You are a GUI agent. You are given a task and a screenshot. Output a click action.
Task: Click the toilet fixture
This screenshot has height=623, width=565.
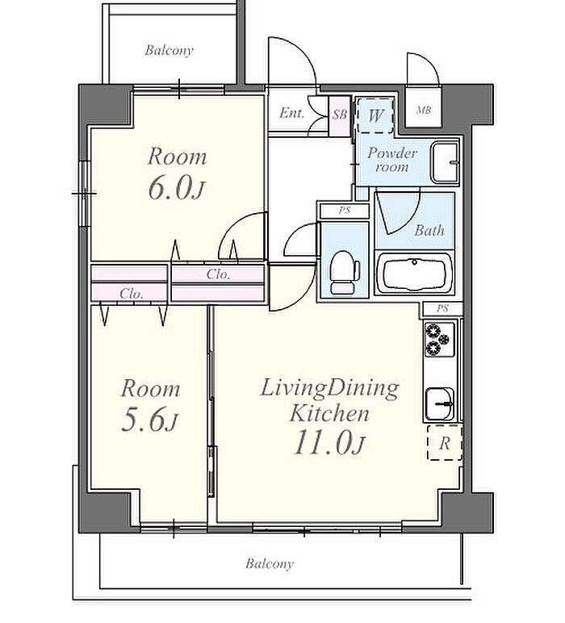tap(344, 273)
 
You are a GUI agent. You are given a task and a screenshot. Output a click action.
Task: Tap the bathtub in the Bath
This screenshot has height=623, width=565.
tap(414, 273)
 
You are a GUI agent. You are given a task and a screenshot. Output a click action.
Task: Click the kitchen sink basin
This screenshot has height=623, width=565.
tap(439, 403)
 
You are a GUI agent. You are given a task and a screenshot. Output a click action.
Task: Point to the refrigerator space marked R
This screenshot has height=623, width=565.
tap(445, 442)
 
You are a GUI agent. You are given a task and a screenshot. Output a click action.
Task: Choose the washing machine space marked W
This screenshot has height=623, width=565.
tap(375, 115)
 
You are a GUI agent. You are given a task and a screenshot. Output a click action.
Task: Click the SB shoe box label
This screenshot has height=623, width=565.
tap(340, 115)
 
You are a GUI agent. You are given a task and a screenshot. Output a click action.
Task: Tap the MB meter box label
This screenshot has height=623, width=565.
tap(424, 111)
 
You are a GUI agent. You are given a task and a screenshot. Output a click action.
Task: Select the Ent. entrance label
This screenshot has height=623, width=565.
tap(292, 113)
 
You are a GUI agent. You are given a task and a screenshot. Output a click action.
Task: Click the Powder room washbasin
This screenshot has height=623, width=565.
tap(445, 162)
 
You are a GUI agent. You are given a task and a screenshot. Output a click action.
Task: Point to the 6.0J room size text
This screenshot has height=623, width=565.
tap(177, 189)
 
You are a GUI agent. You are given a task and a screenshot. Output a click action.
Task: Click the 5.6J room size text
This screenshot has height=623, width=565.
tap(149, 420)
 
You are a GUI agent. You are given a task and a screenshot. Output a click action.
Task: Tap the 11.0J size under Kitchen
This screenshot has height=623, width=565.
tap(329, 443)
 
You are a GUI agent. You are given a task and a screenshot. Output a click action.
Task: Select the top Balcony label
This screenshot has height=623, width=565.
tap(169, 50)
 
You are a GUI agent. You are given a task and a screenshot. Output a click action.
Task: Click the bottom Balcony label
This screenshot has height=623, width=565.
tap(270, 563)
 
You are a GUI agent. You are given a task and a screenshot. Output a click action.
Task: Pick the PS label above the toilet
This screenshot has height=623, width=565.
tap(345, 211)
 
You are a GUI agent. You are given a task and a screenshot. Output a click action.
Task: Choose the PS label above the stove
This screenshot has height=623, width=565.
tap(442, 308)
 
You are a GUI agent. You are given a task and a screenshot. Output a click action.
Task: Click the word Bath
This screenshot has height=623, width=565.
tap(429, 230)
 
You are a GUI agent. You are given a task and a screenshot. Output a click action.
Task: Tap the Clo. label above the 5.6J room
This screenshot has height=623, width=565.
tap(131, 294)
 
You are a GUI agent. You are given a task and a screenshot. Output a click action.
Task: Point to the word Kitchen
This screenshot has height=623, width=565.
tap(329, 414)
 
